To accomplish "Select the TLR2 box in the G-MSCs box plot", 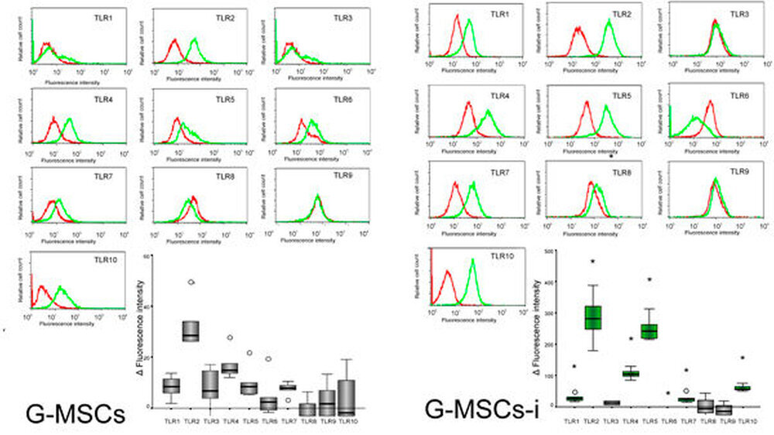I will pos(190,331).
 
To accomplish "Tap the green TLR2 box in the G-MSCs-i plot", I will pos(594,317).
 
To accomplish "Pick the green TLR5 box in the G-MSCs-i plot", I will pos(649,331).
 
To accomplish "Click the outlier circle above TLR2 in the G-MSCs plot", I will pos(190,282).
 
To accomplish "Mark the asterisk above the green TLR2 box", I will pos(593,262).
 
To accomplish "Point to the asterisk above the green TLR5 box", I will pos(649,279).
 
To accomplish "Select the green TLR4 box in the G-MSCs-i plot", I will pos(631,374).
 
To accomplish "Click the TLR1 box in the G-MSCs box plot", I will pos(172,385).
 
